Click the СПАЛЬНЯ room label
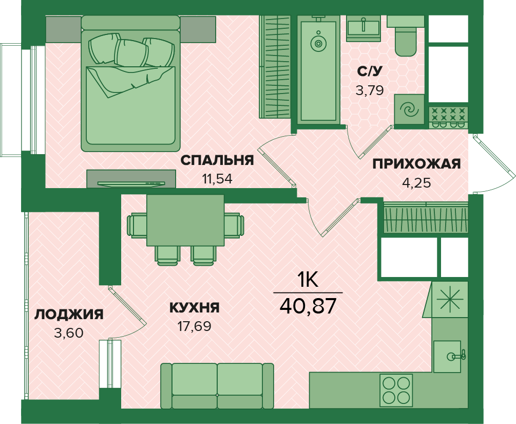(217, 160)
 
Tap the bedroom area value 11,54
(217, 179)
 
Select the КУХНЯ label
(194, 308)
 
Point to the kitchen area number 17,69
(194, 326)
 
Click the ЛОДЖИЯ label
(69, 315)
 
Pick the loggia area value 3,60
(69, 333)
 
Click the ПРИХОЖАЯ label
(416, 164)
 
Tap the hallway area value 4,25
(416, 182)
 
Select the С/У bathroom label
(370, 71)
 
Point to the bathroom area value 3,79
(370, 90)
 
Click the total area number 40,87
(308, 305)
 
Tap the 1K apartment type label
(308, 281)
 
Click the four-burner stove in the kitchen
(396, 391)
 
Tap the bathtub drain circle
(318, 43)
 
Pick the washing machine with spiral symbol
(409, 109)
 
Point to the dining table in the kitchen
(185, 220)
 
